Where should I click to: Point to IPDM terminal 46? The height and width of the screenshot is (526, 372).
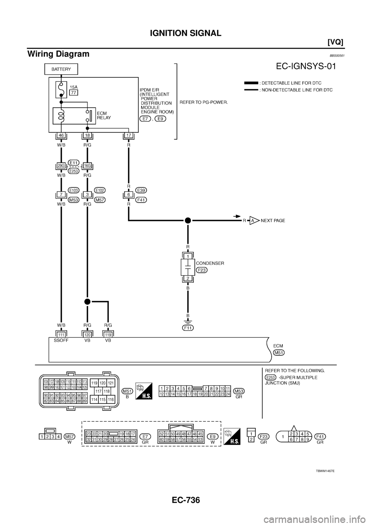62,136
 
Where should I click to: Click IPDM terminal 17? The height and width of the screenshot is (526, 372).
128,136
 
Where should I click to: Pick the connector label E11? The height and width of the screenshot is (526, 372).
74,162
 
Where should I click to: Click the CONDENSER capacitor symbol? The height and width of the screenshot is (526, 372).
188,268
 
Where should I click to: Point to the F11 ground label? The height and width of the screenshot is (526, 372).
188,327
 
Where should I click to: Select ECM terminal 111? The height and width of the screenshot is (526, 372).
61,334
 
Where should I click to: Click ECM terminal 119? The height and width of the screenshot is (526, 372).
108,334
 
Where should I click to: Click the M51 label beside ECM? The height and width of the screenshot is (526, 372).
279,352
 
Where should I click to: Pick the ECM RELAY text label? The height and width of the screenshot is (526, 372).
105,115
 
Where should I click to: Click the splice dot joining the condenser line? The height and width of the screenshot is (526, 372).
188,220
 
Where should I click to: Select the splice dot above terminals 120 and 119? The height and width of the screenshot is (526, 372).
88,301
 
